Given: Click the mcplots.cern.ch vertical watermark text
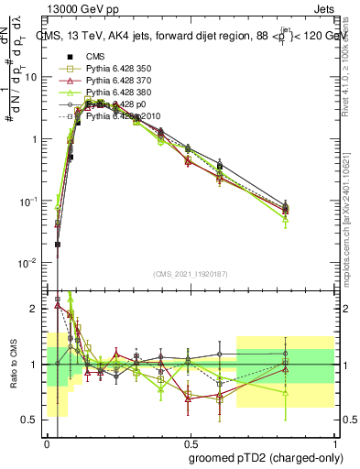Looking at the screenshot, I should [352, 234].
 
